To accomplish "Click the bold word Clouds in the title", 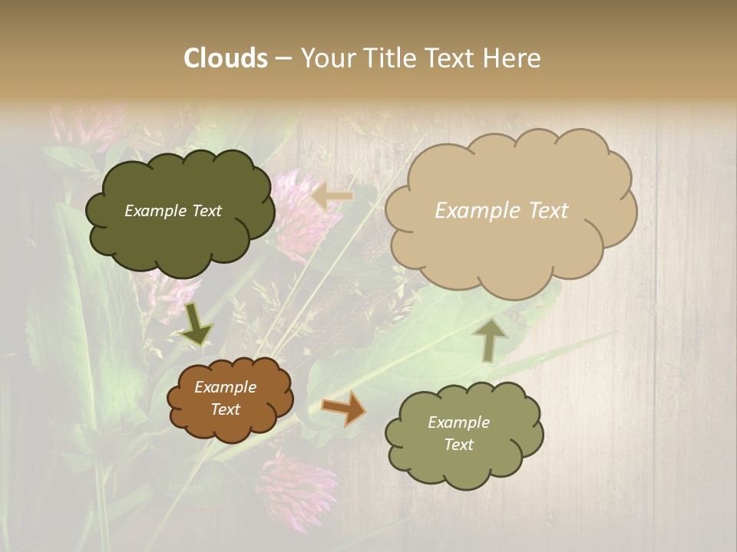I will pos(226,58).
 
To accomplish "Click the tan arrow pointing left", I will pos(332,196).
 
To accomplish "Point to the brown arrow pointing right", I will pos(344,408).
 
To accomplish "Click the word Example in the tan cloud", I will pos(471,211).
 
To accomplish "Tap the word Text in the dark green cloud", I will pos(205,211).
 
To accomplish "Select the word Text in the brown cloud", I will pos(226,409).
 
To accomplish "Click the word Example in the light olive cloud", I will pos(458,422).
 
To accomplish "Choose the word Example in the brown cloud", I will pos(226,387).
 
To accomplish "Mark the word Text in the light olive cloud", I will pos(458,445).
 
